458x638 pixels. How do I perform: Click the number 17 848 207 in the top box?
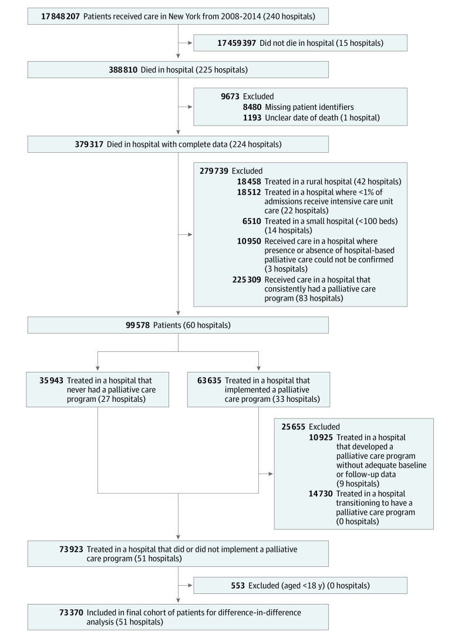(60, 16)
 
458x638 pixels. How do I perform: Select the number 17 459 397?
(237, 43)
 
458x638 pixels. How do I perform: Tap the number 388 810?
(123, 69)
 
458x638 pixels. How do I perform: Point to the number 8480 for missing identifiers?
(252, 107)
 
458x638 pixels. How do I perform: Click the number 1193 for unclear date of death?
(252, 117)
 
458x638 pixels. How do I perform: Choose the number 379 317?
(89, 144)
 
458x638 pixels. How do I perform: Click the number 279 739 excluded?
(214, 171)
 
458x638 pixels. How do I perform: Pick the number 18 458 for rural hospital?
(249, 182)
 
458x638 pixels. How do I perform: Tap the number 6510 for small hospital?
(252, 221)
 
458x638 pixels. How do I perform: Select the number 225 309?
(247, 280)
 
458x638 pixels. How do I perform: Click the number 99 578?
(137, 325)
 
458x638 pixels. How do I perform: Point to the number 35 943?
(51, 381)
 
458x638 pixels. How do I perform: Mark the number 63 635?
(209, 381)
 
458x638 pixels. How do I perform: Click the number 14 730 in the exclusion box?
(321, 493)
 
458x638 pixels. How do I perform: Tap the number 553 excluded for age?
(238, 586)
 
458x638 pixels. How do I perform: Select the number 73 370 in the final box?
(71, 612)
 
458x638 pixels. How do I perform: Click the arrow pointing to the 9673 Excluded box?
(185, 106)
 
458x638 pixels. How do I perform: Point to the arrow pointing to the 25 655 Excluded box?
(266, 474)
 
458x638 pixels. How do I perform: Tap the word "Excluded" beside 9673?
(258, 96)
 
